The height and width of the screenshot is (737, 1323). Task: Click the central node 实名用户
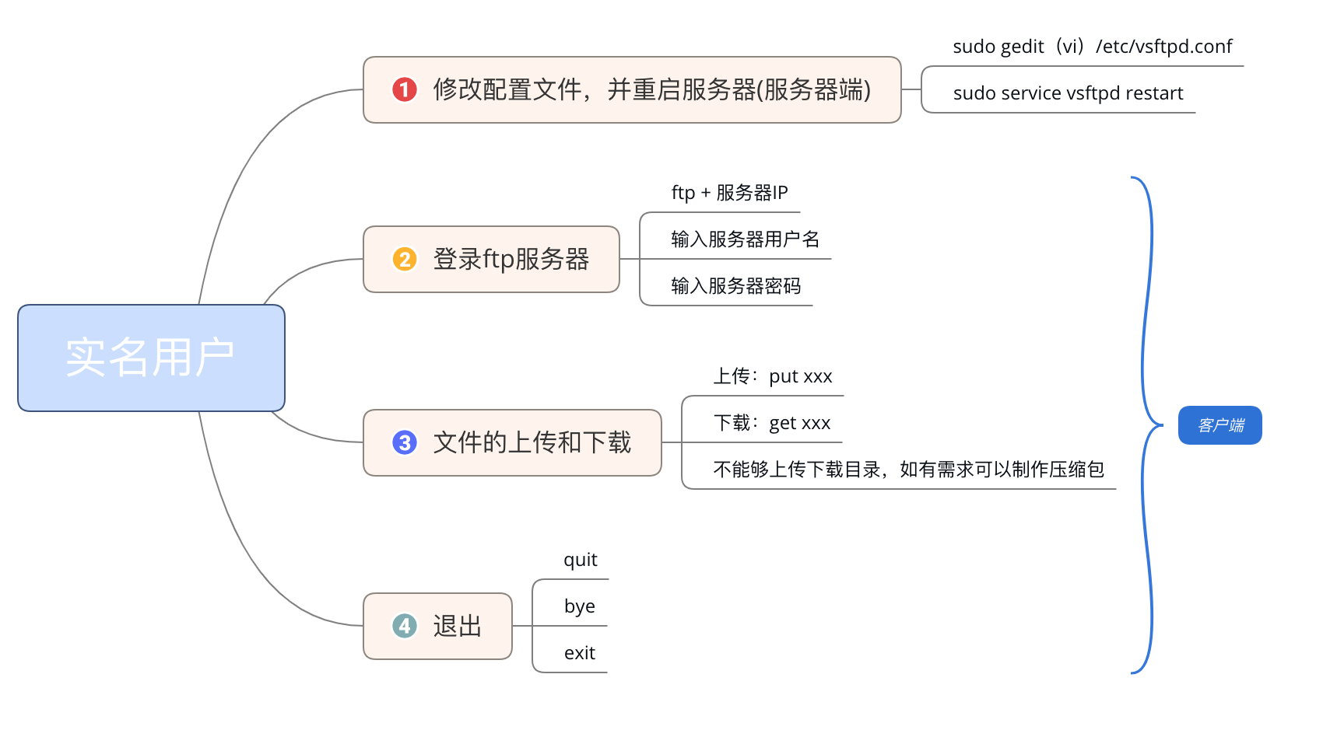pos(151,358)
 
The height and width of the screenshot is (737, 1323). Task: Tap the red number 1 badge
pos(405,89)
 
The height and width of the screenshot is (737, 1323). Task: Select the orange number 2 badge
pos(405,259)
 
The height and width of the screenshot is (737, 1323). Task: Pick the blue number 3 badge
pos(405,442)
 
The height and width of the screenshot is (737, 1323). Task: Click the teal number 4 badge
pos(405,626)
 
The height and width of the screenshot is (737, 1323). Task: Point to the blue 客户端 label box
pos(1219,425)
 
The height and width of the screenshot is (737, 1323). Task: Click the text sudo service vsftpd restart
pos(1068,93)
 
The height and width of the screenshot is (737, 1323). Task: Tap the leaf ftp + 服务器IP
pos(729,193)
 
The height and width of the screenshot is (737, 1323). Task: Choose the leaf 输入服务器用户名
pos(745,239)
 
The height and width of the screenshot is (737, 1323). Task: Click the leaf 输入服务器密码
pos(735,286)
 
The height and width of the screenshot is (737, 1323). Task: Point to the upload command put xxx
pos(800,377)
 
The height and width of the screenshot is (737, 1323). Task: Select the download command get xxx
pos(799,424)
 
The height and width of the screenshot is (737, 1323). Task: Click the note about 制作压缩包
pos(908,470)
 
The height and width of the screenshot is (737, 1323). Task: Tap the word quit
pos(581,561)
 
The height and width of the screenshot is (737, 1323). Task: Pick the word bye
pos(580,606)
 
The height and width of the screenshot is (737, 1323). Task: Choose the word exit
pos(580,653)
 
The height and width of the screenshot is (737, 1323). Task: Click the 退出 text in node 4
pos(458,626)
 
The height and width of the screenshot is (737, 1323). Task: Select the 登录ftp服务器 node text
pos(511,259)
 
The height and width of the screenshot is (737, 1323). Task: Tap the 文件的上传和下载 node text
pos(532,442)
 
